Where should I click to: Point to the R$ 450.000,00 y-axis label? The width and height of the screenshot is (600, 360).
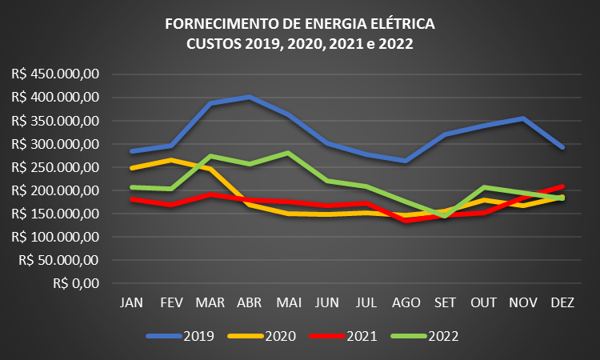tap(55, 74)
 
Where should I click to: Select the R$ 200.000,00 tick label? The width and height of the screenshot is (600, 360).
tap(55, 190)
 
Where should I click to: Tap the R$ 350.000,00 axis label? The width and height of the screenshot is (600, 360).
tap(55, 121)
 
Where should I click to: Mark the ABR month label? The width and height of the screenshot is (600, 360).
tap(248, 303)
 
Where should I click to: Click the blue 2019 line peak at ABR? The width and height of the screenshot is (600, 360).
tap(249, 97)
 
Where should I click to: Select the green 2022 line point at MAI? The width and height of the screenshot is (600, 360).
tap(287, 152)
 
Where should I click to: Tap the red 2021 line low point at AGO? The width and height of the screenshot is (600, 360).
tap(405, 221)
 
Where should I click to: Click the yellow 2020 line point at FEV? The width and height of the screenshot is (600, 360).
tap(170, 160)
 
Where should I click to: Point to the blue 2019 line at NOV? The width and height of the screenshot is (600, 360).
tap(522, 118)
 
